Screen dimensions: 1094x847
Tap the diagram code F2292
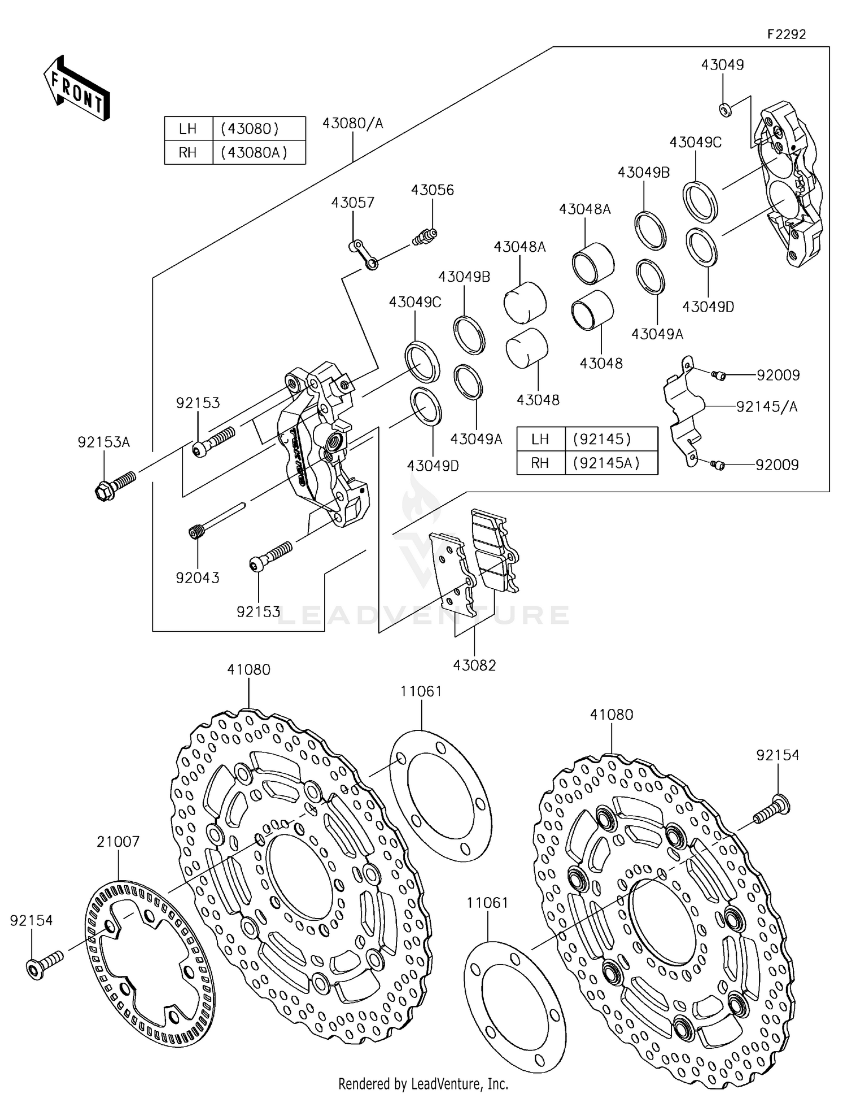[x=786, y=34]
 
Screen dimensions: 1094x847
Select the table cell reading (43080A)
[x=258, y=152]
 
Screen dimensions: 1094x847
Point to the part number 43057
[x=353, y=202]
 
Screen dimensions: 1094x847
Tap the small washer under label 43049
[x=725, y=109]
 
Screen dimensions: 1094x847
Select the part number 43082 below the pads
[x=474, y=666]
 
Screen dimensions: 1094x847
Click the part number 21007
[x=118, y=841]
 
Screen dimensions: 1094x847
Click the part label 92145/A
[x=766, y=406]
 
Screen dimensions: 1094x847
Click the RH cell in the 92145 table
[x=540, y=463]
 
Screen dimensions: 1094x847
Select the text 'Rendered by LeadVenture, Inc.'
[x=423, y=1083]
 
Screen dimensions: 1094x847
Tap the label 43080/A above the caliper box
[x=352, y=123]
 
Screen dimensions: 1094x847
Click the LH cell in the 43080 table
[x=187, y=129]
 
